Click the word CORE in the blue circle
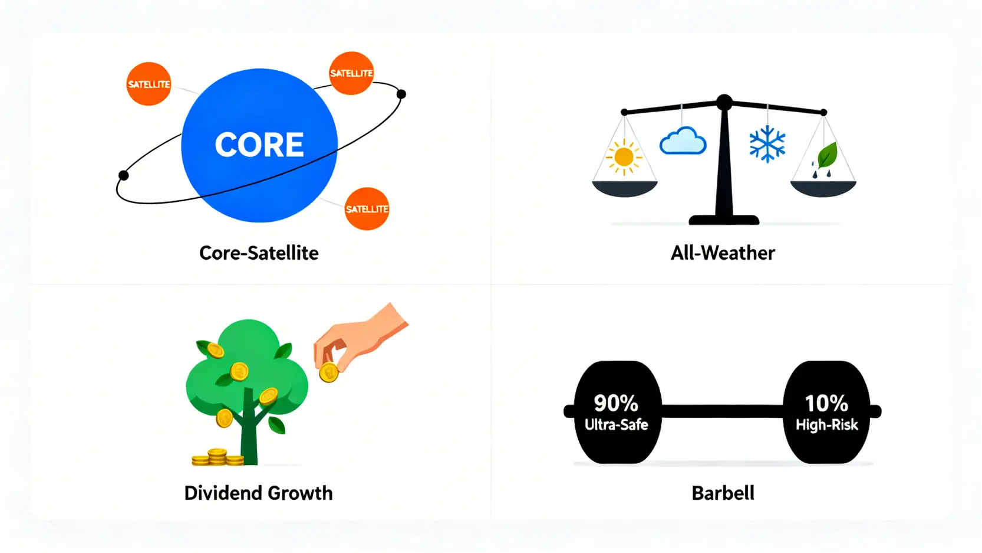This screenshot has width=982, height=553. [x=259, y=145]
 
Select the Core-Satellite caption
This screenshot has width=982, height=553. [x=259, y=253]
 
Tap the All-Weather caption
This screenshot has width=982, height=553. [x=723, y=253]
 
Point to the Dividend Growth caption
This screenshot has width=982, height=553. [x=259, y=493]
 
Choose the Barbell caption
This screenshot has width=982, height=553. [x=723, y=493]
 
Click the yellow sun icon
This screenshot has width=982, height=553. [x=624, y=156]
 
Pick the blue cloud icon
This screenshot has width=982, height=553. [x=683, y=141]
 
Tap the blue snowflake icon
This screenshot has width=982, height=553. [x=767, y=144]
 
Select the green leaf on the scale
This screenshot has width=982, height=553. [x=827, y=155]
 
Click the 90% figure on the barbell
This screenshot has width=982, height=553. [x=616, y=403]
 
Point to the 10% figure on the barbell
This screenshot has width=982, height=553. [x=827, y=403]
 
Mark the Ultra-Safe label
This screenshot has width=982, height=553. [x=617, y=425]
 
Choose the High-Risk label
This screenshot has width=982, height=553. [x=827, y=425]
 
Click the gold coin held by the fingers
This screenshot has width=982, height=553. [x=329, y=372]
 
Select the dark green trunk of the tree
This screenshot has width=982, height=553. [x=249, y=430]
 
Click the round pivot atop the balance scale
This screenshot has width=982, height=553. [x=724, y=102]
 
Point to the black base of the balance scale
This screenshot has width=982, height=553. [x=724, y=220]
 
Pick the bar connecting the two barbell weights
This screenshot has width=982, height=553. [x=722, y=411]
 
